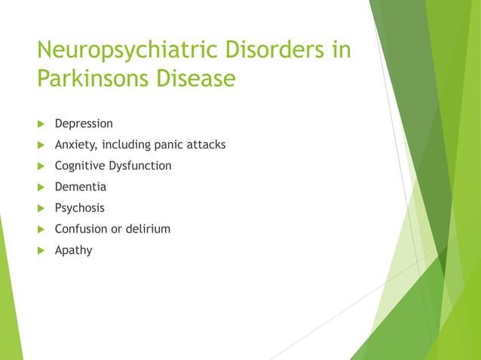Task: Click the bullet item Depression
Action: coord(84,124)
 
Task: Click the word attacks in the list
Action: coord(206,145)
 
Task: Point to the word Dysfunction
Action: coord(142,166)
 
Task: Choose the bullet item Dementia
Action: coord(81,187)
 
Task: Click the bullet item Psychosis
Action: coord(80,208)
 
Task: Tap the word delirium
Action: coord(149,229)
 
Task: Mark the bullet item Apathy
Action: coord(74,250)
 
